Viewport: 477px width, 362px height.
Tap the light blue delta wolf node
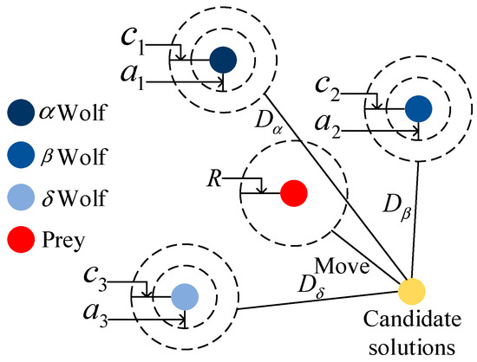[184, 296]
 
